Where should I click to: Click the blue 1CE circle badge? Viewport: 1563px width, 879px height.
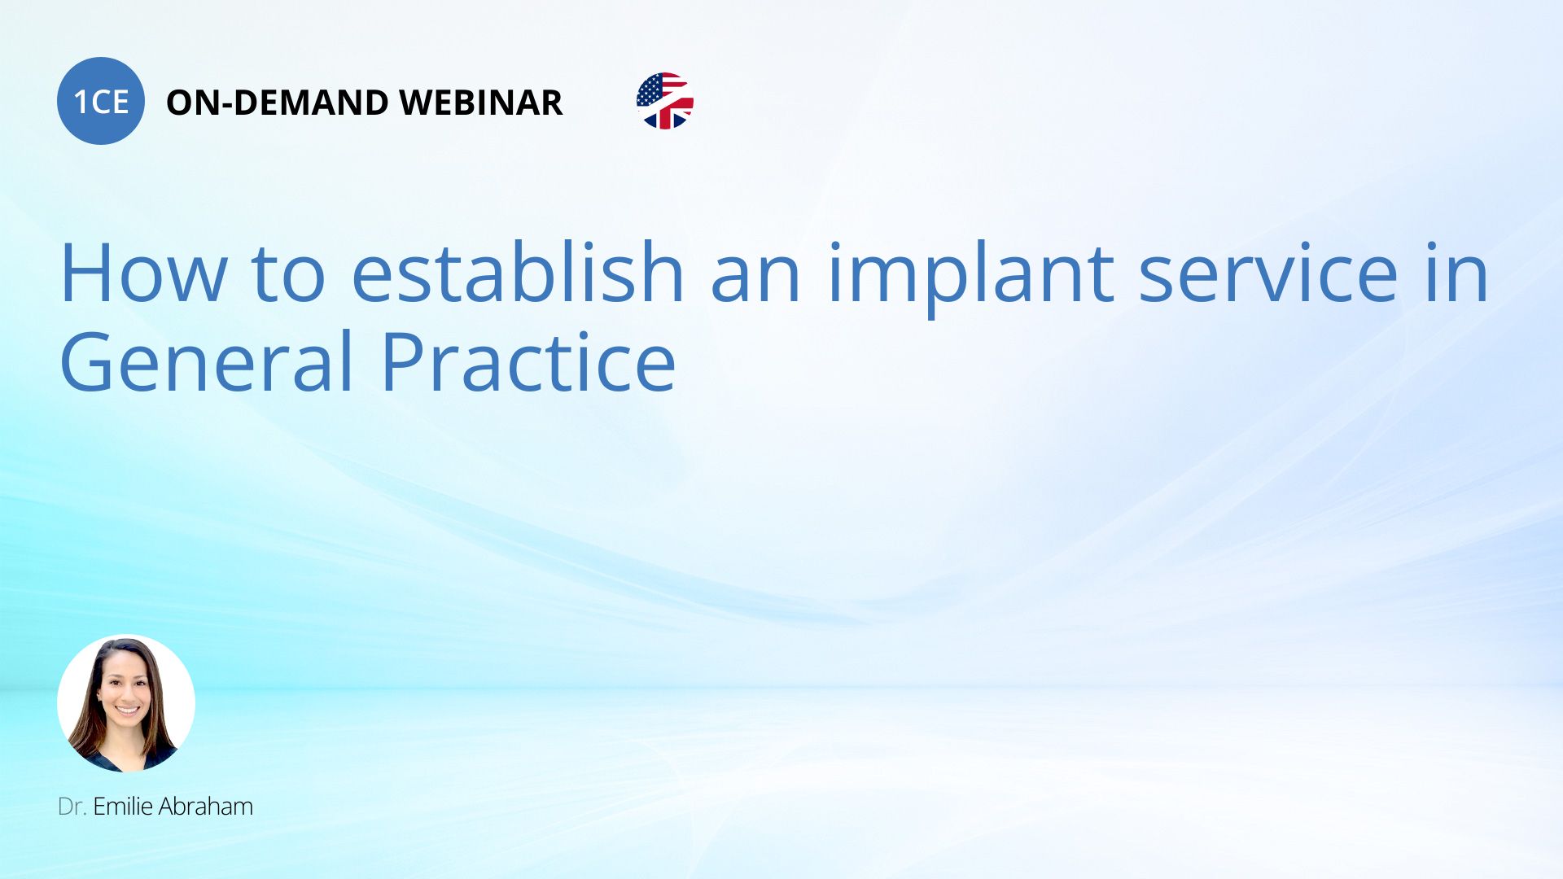tap(101, 101)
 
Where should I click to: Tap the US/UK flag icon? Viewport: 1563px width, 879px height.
tap(665, 101)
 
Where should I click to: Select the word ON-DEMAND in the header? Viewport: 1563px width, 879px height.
tap(278, 103)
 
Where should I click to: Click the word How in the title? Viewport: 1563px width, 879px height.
tap(143, 273)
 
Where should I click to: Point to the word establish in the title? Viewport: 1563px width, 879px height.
tap(518, 273)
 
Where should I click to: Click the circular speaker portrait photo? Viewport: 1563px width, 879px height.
tap(126, 703)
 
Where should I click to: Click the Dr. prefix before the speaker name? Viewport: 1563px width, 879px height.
tap(72, 807)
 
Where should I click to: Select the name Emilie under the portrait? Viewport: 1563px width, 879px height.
tap(123, 807)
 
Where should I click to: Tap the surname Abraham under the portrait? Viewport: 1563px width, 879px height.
tap(206, 807)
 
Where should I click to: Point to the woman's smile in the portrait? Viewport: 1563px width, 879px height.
tap(128, 711)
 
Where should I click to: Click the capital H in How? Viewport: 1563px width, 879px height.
tap(85, 273)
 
